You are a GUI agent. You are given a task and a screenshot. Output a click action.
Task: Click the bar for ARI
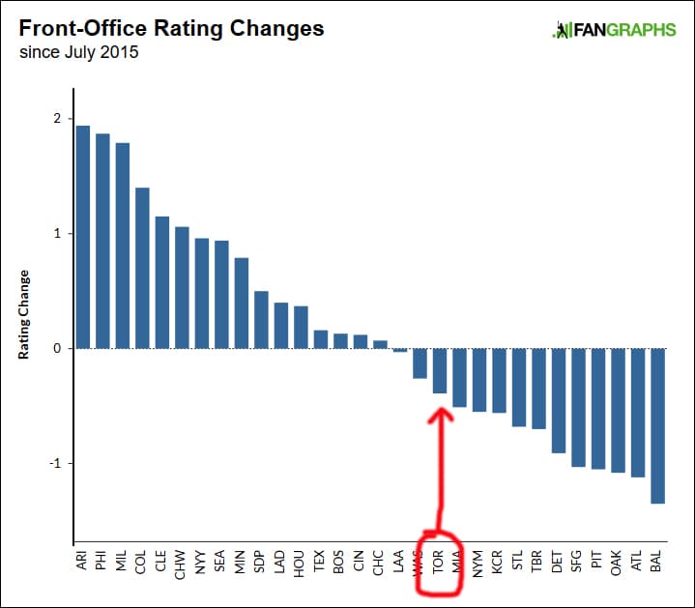(83, 237)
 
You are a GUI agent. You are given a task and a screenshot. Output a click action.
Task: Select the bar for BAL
(657, 425)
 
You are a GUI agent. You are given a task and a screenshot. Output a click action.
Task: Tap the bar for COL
(142, 268)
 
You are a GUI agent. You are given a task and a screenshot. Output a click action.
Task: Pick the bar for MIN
(242, 303)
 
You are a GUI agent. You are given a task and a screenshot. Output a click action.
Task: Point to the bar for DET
(558, 400)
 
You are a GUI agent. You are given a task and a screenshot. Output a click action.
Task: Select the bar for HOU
(301, 327)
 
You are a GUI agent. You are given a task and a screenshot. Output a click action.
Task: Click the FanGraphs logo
(614, 30)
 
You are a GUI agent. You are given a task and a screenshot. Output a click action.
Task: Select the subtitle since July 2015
(79, 52)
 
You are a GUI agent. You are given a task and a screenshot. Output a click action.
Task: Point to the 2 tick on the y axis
(57, 119)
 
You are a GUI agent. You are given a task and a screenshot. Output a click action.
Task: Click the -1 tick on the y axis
(54, 463)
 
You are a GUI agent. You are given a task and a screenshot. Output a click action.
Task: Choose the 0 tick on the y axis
(57, 348)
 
